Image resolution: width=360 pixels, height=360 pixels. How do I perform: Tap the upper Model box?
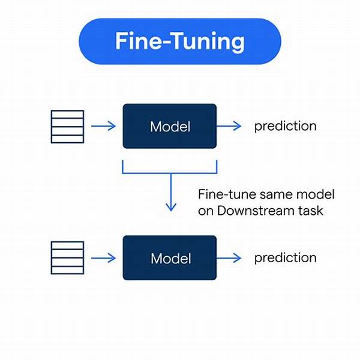170,126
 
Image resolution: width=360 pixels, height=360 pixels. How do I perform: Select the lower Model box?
170,257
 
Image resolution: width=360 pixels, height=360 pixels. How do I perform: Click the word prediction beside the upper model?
285,127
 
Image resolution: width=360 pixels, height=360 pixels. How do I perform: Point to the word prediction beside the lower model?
285,258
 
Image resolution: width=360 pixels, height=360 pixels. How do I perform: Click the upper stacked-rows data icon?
67,126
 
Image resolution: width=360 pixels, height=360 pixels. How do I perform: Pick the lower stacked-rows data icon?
67,257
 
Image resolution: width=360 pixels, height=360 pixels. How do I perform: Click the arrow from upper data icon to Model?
103,126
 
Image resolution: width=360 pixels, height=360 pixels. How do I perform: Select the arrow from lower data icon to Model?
103,257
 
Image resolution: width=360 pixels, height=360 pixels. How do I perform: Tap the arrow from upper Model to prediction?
229,126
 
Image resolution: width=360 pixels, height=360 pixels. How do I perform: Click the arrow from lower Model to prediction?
229,257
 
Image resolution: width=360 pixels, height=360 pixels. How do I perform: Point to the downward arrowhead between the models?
171,207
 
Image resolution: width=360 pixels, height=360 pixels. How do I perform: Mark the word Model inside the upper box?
170,127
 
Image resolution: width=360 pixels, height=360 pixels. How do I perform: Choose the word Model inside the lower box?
170,258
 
